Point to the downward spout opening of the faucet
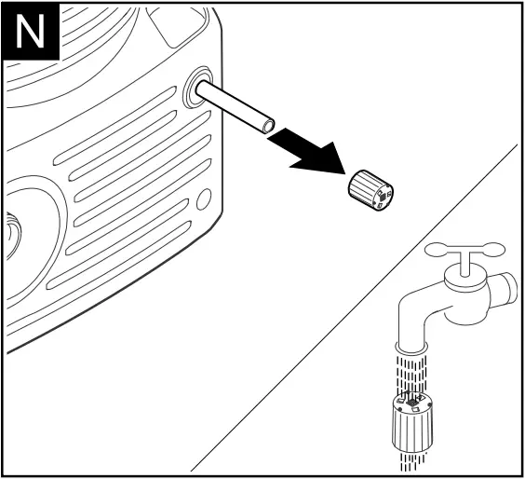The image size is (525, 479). point(411,349)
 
